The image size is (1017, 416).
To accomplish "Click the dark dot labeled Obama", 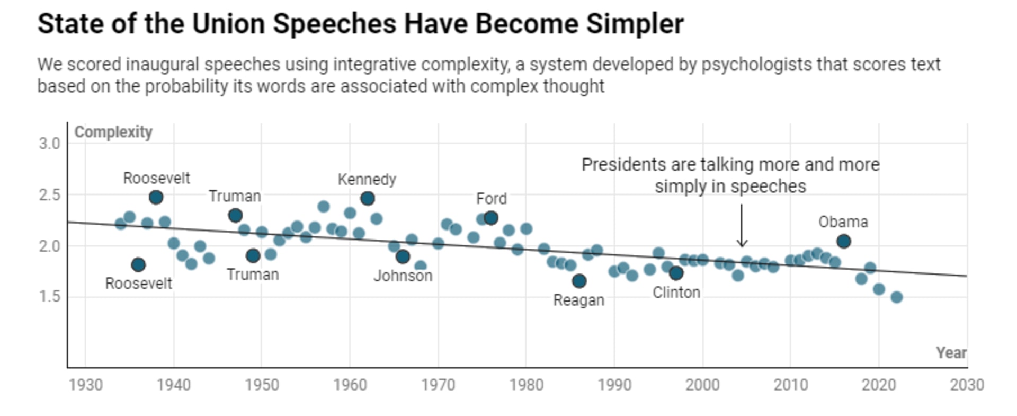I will tap(844, 242).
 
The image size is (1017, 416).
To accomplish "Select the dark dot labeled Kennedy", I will tap(368, 199).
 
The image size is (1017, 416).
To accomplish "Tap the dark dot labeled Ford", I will tap(491, 218).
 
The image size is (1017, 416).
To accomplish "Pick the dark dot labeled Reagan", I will tap(579, 281).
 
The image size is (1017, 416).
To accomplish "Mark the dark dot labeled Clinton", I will tap(676, 273).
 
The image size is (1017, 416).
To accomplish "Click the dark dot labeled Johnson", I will tap(403, 257).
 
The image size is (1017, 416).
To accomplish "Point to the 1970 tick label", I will tap(438, 385).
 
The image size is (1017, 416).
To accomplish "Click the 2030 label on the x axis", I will tap(967, 385).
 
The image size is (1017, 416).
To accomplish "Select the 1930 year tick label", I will tap(86, 385).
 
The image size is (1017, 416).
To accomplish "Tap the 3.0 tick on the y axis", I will tap(49, 144).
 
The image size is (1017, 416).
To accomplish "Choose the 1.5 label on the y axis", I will tap(49, 297).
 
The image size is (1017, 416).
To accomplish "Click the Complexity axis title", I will tap(113, 132).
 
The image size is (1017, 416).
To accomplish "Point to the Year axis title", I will tap(951, 353).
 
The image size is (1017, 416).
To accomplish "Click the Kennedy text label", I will tap(367, 180).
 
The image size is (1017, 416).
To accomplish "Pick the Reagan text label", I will tap(578, 300).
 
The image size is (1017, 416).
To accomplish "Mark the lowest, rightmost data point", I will tap(896, 297).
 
